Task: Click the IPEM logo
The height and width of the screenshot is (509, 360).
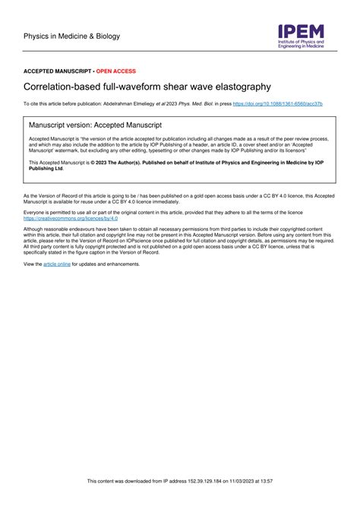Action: [x=301, y=36]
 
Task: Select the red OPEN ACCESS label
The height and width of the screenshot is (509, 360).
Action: [x=116, y=70]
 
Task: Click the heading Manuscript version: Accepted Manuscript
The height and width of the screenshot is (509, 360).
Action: [x=95, y=123]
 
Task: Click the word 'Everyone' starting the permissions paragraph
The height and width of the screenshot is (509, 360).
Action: [x=36, y=213]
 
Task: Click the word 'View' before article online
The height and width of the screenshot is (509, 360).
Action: [x=30, y=264]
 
